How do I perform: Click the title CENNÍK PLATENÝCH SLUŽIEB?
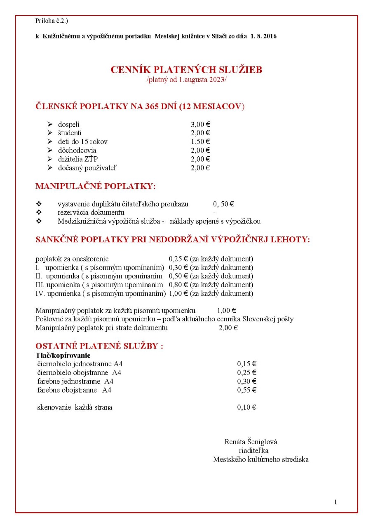(186, 70)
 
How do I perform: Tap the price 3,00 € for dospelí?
(200, 124)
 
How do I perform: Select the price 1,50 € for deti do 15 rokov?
(200, 141)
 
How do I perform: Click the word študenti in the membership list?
(70, 133)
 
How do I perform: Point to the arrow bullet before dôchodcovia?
(50, 150)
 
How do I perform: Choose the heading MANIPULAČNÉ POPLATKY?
(96, 186)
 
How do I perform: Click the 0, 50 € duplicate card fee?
(224, 204)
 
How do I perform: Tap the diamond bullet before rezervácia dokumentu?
(39, 212)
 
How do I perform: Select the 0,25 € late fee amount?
(178, 259)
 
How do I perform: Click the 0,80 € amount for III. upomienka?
(178, 285)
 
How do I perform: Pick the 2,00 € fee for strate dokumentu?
(228, 328)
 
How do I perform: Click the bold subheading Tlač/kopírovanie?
(63, 355)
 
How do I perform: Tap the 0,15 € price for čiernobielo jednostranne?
(246, 364)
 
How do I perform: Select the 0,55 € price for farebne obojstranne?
(246, 390)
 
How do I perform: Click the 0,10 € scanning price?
(246, 408)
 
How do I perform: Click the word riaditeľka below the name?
(254, 450)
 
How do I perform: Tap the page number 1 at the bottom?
(335, 502)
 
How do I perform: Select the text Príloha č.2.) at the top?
(52, 20)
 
